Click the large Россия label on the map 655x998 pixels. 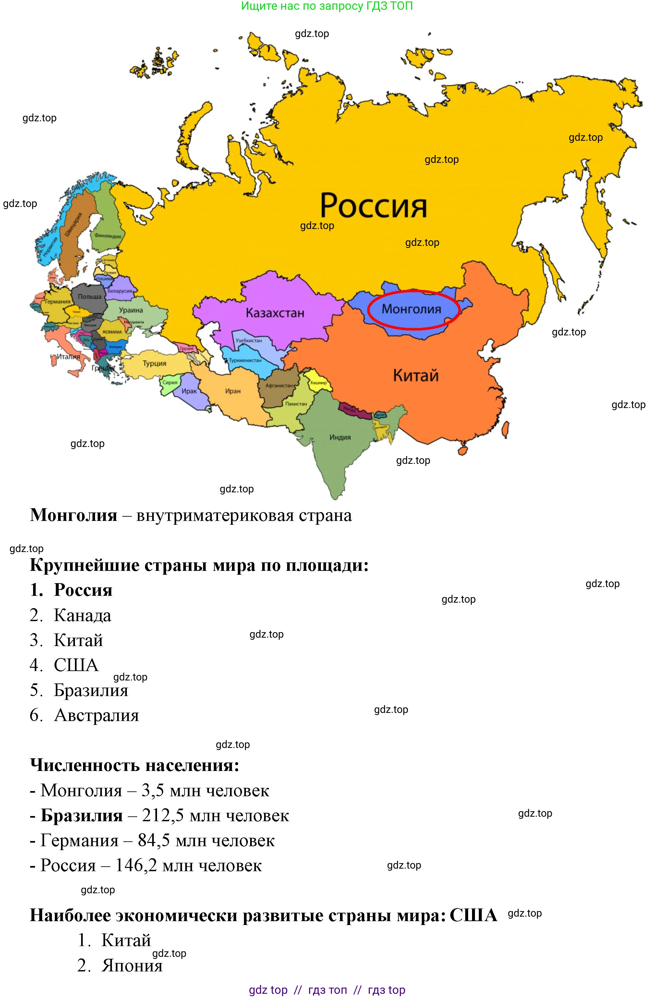coord(373,206)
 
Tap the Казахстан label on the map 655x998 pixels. coord(275,313)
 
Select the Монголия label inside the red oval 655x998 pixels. coord(411,309)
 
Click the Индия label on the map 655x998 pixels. coord(340,437)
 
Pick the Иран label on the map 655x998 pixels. coord(233,391)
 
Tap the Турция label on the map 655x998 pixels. coord(154,363)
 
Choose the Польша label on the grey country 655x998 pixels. coord(89,296)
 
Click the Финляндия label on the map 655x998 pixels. coord(107,236)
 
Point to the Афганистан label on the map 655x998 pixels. coord(279,385)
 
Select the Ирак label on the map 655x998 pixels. coord(189,391)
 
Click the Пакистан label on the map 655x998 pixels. coord(296,404)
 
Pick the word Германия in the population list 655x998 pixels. coord(79,840)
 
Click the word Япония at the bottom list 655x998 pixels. coord(132,965)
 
